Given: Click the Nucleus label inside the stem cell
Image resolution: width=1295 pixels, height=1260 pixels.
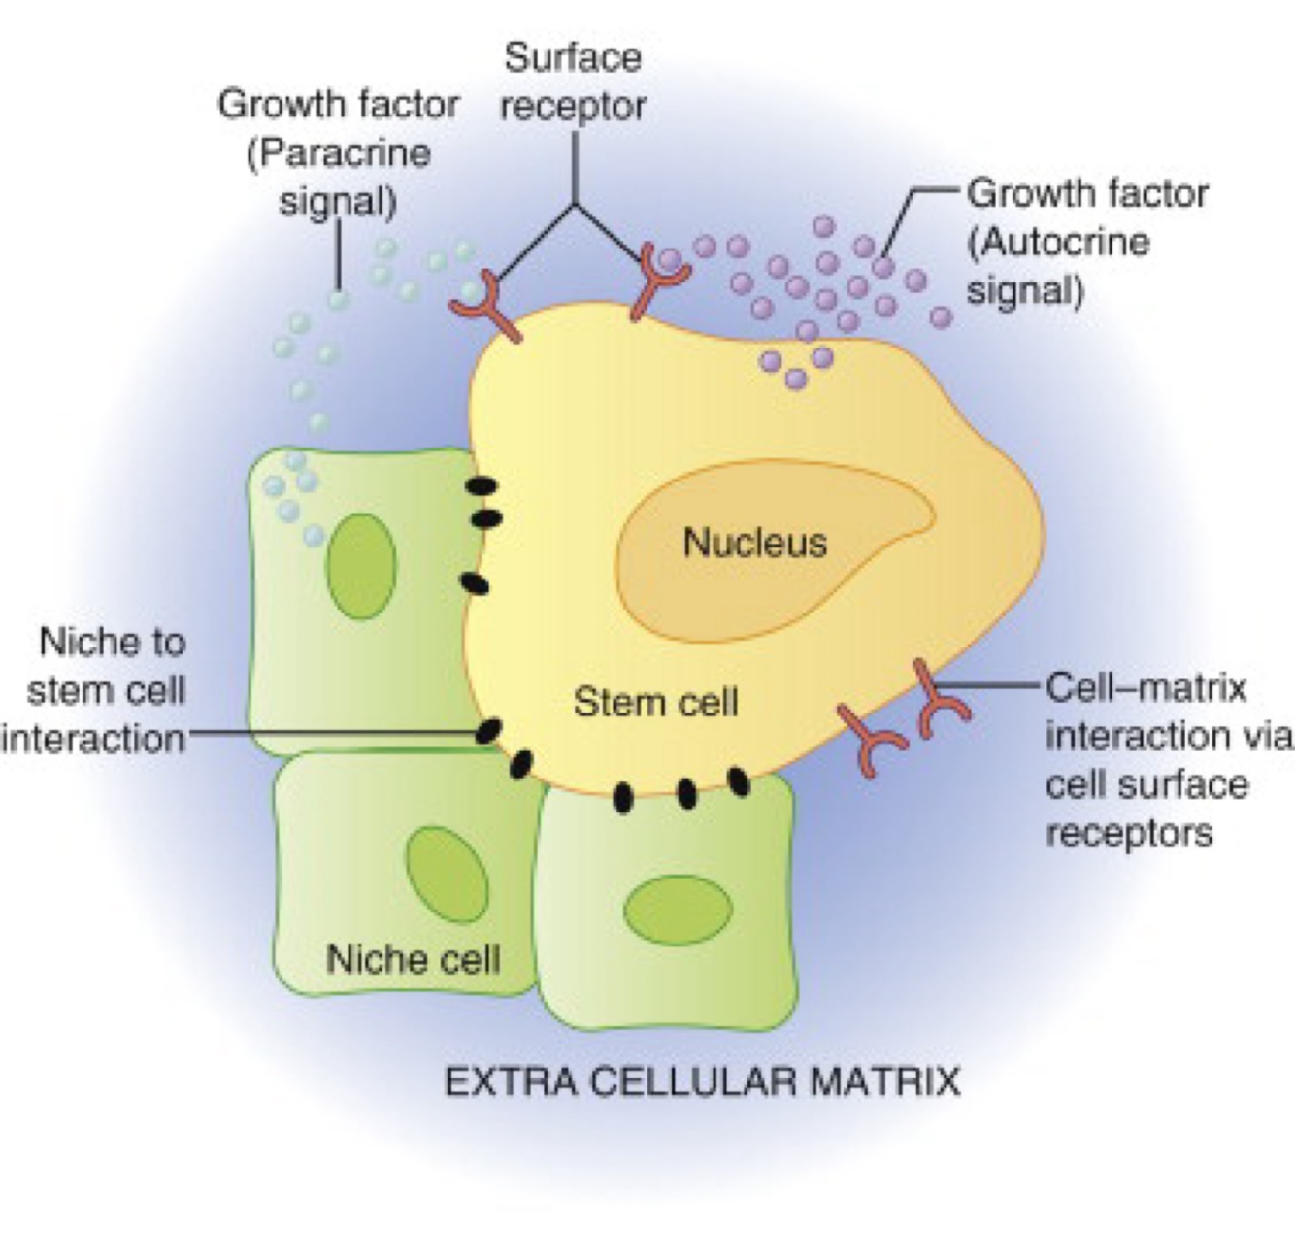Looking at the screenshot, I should [x=755, y=542].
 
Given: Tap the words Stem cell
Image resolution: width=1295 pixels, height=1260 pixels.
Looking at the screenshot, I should [x=655, y=701].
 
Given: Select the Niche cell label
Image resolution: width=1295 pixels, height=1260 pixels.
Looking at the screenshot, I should [x=414, y=959].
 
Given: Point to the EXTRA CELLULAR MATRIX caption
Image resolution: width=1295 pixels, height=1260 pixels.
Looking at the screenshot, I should [x=702, y=1080].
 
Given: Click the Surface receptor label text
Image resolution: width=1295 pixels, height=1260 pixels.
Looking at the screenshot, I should [x=573, y=82].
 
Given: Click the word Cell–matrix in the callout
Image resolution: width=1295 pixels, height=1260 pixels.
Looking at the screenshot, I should [x=1146, y=687].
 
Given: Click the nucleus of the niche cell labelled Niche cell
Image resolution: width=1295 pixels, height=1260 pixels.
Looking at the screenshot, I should [x=447, y=875].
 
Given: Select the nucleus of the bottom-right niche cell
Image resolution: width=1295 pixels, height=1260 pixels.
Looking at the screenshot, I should [x=678, y=909].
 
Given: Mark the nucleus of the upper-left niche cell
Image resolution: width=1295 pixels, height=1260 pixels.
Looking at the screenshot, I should [x=361, y=566].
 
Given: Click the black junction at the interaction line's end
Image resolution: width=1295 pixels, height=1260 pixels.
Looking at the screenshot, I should [x=488, y=731].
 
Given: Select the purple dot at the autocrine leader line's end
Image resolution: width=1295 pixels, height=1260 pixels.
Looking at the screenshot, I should [x=882, y=265].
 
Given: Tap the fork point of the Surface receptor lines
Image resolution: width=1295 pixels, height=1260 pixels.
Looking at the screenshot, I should [x=574, y=203].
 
